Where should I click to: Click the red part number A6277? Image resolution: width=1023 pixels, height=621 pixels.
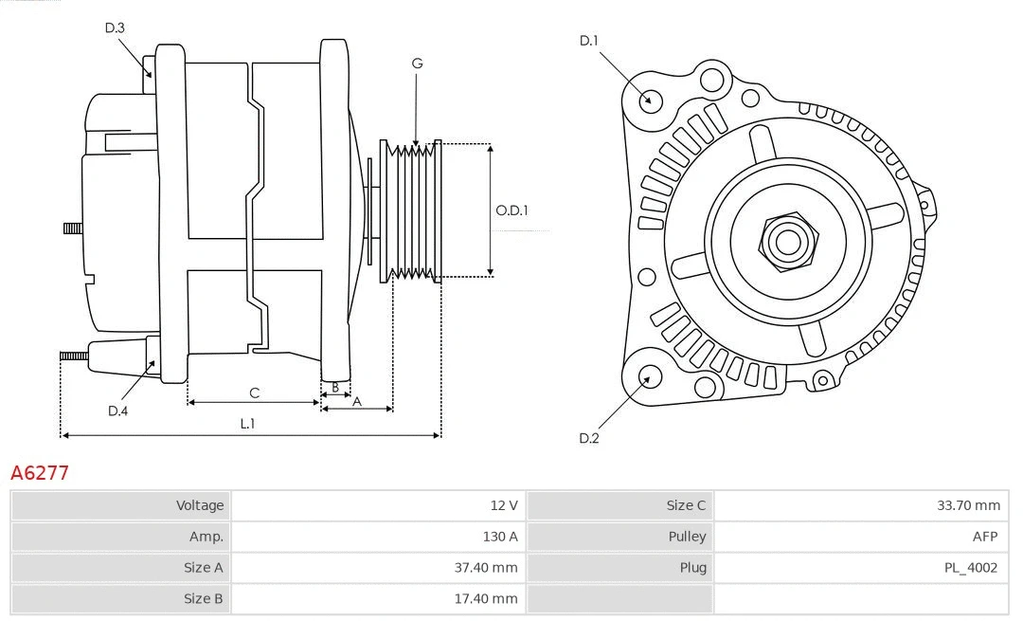(40, 473)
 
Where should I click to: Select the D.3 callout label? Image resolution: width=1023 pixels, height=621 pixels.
(115, 27)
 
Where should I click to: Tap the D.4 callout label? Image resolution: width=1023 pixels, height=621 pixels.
(117, 411)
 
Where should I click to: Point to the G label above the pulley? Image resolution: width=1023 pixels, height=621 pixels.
(417, 64)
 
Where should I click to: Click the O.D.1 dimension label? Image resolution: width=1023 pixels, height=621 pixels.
(511, 210)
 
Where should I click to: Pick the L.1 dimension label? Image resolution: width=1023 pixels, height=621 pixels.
(247, 424)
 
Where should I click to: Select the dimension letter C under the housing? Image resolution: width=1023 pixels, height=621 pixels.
(254, 393)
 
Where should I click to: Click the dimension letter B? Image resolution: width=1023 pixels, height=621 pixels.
(334, 387)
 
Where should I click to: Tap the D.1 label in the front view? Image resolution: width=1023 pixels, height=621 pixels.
(589, 40)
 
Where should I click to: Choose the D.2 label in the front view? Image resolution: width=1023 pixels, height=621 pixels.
(589, 438)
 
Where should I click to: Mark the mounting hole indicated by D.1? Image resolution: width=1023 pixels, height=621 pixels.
(650, 100)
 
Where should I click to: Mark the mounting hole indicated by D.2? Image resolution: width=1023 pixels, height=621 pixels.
(649, 377)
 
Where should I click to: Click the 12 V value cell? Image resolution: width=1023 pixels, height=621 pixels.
(504, 505)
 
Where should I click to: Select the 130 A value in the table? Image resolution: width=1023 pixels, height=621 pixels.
(500, 537)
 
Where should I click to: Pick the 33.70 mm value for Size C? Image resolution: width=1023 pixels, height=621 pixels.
(968, 505)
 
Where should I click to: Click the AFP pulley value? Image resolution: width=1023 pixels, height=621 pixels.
(984, 537)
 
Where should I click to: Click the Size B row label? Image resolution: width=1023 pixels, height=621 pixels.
(204, 598)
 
